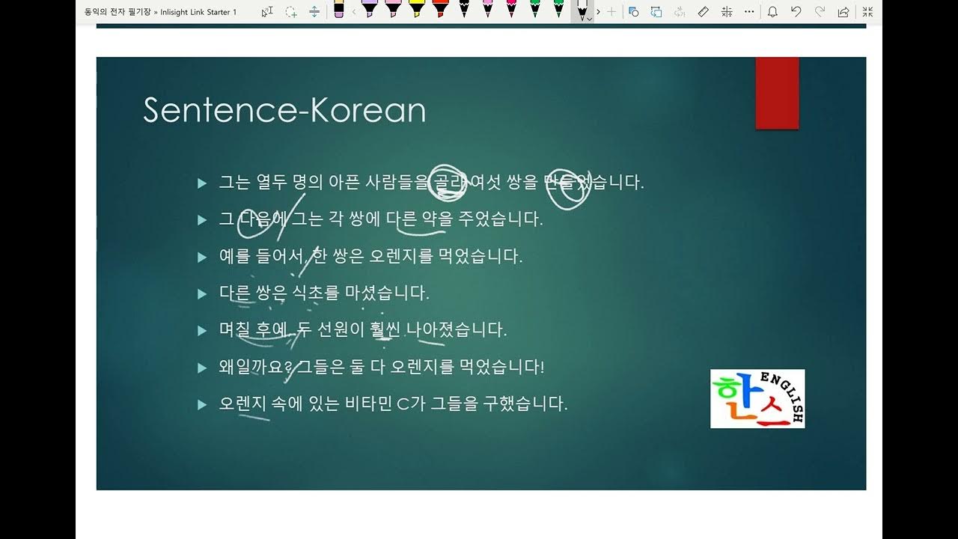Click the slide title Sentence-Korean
(x=284, y=110)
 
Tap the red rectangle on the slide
(x=777, y=93)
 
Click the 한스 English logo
(x=757, y=398)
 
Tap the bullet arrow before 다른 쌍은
(x=201, y=293)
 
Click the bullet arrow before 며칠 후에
(x=201, y=330)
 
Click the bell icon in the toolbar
(x=772, y=12)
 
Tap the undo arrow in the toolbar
(x=796, y=12)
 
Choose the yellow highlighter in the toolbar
(x=416, y=10)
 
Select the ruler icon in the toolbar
(x=703, y=12)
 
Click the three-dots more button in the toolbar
(x=749, y=12)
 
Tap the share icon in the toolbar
(x=843, y=12)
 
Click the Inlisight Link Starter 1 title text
(x=198, y=12)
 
